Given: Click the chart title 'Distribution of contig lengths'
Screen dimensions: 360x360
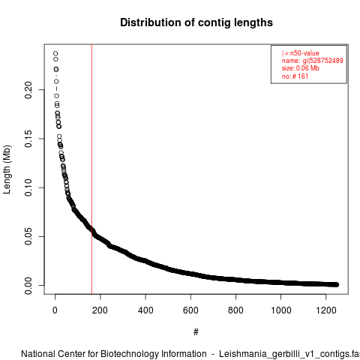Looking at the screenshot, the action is click(x=196, y=22).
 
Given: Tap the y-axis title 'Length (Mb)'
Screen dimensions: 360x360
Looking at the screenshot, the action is click(x=7, y=169).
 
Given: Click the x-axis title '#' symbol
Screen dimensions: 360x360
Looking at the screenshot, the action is click(x=196, y=332).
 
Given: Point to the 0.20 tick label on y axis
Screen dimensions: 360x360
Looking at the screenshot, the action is click(x=28, y=90).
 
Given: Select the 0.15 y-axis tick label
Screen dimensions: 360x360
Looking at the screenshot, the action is click(x=28, y=139).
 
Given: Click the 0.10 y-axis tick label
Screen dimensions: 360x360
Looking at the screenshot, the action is click(x=28, y=187).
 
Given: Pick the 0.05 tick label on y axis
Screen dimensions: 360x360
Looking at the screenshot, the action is click(x=28, y=236).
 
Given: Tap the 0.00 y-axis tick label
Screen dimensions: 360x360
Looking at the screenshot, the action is click(x=28, y=286).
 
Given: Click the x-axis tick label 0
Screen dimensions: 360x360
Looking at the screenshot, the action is click(x=55, y=310).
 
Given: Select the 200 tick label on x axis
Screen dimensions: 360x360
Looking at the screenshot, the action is click(x=100, y=310).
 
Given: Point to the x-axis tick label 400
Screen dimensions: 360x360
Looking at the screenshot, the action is click(x=145, y=310).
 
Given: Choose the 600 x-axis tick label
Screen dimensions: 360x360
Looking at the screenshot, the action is click(x=190, y=310).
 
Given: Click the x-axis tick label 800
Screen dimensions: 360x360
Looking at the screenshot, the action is click(x=235, y=310).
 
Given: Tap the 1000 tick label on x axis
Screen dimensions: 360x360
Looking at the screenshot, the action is click(x=281, y=310).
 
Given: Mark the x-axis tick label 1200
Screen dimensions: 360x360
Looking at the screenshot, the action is click(x=326, y=310).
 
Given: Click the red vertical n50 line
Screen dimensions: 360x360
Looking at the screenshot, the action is click(x=91, y=169).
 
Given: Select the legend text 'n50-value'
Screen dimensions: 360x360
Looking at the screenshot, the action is click(x=304, y=53).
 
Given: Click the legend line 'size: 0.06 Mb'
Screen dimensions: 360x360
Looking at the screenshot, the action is click(x=301, y=68).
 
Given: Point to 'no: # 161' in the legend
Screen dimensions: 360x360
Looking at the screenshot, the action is click(x=295, y=76).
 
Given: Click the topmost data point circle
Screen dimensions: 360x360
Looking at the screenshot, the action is click(x=55, y=53).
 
